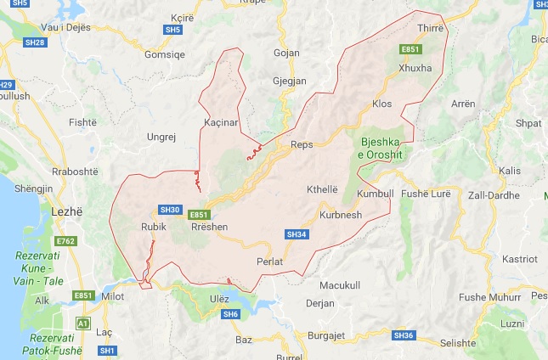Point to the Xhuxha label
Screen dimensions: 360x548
pyautogui.click(x=415, y=67)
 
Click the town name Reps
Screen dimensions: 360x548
pyautogui.click(x=302, y=144)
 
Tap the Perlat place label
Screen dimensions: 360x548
pyautogui.click(x=269, y=261)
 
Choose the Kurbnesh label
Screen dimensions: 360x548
pyautogui.click(x=341, y=215)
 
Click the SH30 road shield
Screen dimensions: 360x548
pyautogui.click(x=170, y=209)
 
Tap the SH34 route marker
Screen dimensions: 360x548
pyautogui.click(x=296, y=233)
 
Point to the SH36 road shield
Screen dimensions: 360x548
pyautogui.click(x=403, y=335)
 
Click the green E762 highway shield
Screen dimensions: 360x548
pyautogui.click(x=67, y=242)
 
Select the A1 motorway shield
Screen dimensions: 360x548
pyautogui.click(x=82, y=323)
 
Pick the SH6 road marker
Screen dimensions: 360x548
pyautogui.click(x=231, y=314)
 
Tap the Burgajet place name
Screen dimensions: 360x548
pyautogui.click(x=325, y=335)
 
